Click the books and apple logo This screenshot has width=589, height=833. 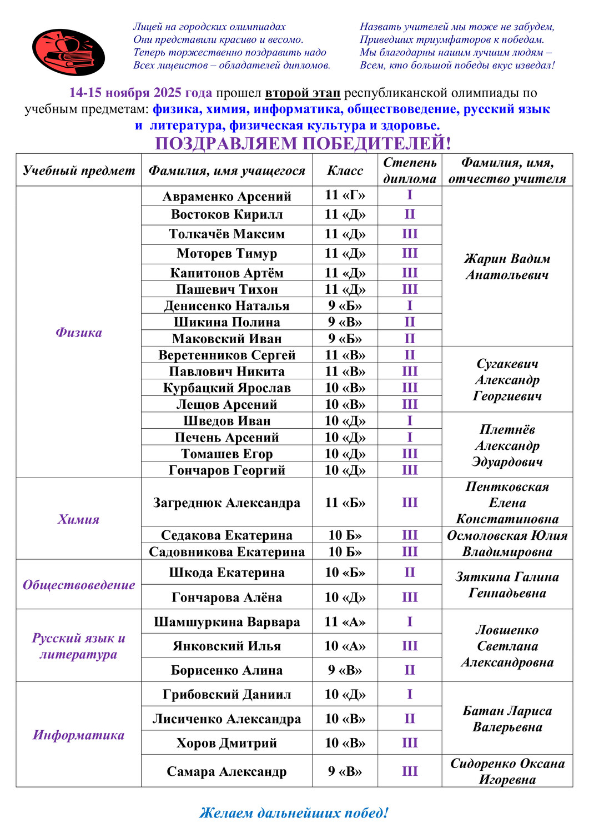[x=68, y=52]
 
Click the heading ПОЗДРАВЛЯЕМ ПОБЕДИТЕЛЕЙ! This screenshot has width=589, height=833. [x=303, y=143]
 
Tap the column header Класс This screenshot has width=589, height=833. [x=345, y=170]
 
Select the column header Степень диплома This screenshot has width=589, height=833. [x=410, y=170]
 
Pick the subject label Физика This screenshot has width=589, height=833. [x=78, y=332]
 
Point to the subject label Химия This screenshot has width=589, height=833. [x=78, y=519]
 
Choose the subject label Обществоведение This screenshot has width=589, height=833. [x=78, y=584]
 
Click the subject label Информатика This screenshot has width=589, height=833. [x=78, y=735]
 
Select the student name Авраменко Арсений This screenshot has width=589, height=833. [x=226, y=196]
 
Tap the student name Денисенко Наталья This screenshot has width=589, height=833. [x=226, y=305]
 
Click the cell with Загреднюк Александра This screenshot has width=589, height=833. [x=226, y=503]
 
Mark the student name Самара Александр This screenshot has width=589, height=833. [x=226, y=771]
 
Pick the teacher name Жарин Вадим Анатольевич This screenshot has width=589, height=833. [x=507, y=267]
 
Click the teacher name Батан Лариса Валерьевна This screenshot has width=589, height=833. [x=507, y=719]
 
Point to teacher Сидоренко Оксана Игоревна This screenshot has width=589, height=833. [x=507, y=771]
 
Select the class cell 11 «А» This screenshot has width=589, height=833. [x=345, y=621]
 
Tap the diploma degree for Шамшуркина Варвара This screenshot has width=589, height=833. [x=410, y=621]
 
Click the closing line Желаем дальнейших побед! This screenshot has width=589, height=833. [x=294, y=812]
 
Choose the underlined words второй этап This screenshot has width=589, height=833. [x=303, y=93]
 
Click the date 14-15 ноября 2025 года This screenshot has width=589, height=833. [x=140, y=93]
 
